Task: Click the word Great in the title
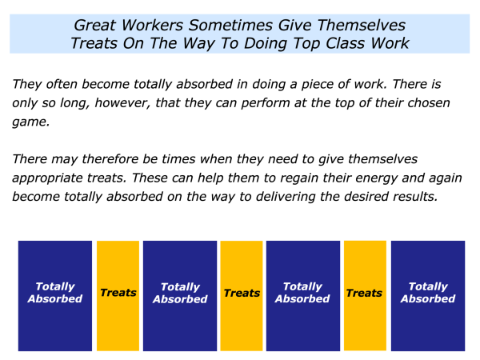pyautogui.click(x=95, y=25)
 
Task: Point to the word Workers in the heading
pyautogui.click(x=152, y=25)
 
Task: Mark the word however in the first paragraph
pyautogui.click(x=122, y=103)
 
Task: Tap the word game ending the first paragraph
pyautogui.click(x=30, y=122)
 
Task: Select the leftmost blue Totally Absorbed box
pyautogui.click(x=55, y=296)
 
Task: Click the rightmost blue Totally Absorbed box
pyautogui.click(x=428, y=296)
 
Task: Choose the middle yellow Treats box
pyautogui.click(x=242, y=296)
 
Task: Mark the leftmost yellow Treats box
pyautogui.click(x=118, y=296)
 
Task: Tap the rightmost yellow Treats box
pyautogui.click(x=366, y=296)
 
